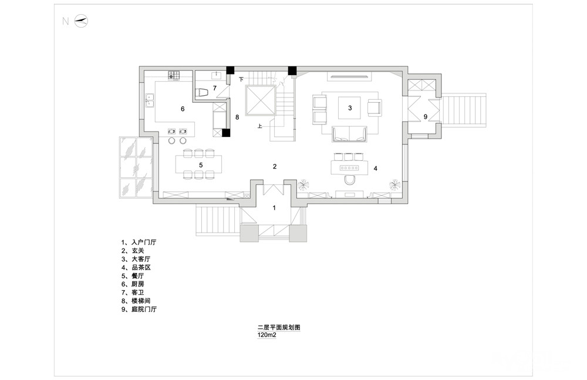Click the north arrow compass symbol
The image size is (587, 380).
(x=81, y=21)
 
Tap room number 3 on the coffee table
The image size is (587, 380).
(x=350, y=108)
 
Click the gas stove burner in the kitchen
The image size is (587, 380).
(x=173, y=75)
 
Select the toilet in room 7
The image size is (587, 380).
(x=202, y=93)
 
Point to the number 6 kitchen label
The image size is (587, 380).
(x=183, y=109)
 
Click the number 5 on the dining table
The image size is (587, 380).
(x=201, y=165)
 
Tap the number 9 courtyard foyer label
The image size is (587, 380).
(x=425, y=117)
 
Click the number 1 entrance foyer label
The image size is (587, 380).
(x=274, y=207)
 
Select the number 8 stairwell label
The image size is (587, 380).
(x=237, y=117)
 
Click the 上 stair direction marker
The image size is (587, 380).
(x=259, y=126)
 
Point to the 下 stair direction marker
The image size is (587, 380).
(x=241, y=79)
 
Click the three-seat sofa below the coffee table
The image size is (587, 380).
(x=349, y=134)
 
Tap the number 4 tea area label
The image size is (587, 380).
(x=375, y=169)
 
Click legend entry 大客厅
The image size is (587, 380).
(x=141, y=259)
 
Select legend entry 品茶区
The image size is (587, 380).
(x=141, y=268)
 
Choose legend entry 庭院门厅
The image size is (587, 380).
(x=144, y=309)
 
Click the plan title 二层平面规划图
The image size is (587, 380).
(x=279, y=327)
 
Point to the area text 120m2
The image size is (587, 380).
(x=267, y=335)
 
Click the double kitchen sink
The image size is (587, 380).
(x=150, y=100)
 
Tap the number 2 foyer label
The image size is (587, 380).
(x=274, y=166)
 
